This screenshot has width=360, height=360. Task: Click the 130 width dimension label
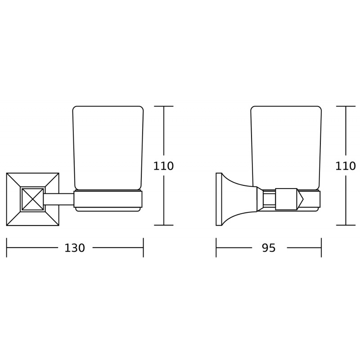(x=75, y=248)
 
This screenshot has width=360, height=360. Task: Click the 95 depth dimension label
(x=269, y=248)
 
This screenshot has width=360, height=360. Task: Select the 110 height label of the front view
(x=163, y=166)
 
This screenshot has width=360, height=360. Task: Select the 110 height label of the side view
(x=346, y=166)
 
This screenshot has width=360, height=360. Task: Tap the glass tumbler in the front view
(x=108, y=148)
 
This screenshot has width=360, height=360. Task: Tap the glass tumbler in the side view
(x=286, y=148)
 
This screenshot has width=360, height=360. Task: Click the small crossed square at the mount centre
(x=32, y=199)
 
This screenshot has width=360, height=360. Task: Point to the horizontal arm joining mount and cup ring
(x=59, y=199)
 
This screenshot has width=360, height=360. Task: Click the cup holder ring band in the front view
(x=108, y=199)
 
